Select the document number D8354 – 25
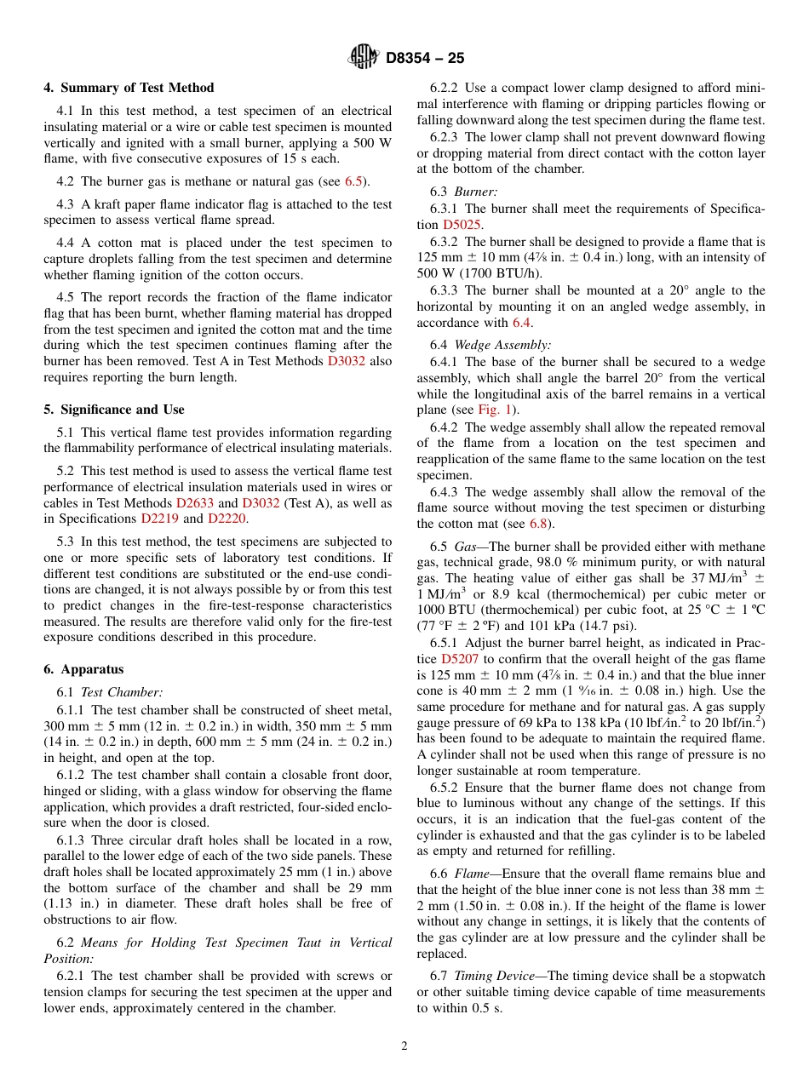point(425,59)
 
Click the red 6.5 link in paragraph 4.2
point(353,181)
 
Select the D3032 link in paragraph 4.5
point(347,361)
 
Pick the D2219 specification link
point(160,519)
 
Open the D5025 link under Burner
point(462,225)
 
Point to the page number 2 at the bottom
point(404,1046)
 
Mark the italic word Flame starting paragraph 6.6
point(471,874)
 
